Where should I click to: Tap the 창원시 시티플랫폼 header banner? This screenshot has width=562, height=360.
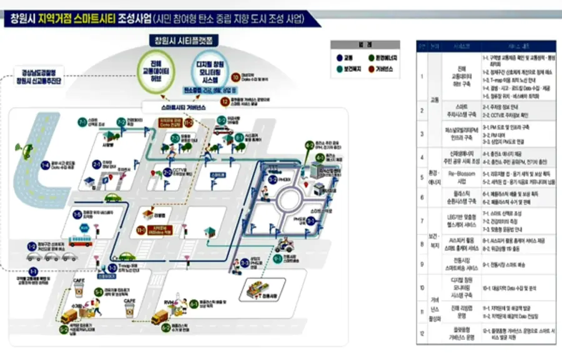click(x=184, y=41)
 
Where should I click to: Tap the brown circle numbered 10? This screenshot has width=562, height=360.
click(x=235, y=77)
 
